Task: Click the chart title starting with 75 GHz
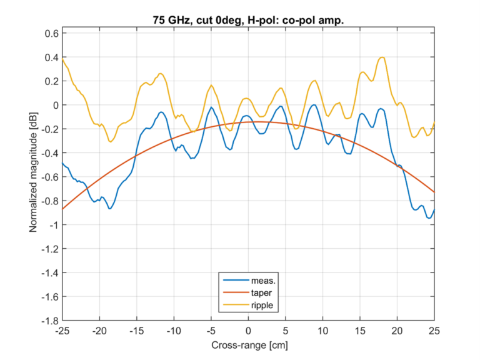249,20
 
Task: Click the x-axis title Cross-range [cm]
249,344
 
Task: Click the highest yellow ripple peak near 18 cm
382,57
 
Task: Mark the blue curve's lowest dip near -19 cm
110,208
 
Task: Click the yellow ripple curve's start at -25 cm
62,59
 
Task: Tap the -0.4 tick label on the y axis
49,153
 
